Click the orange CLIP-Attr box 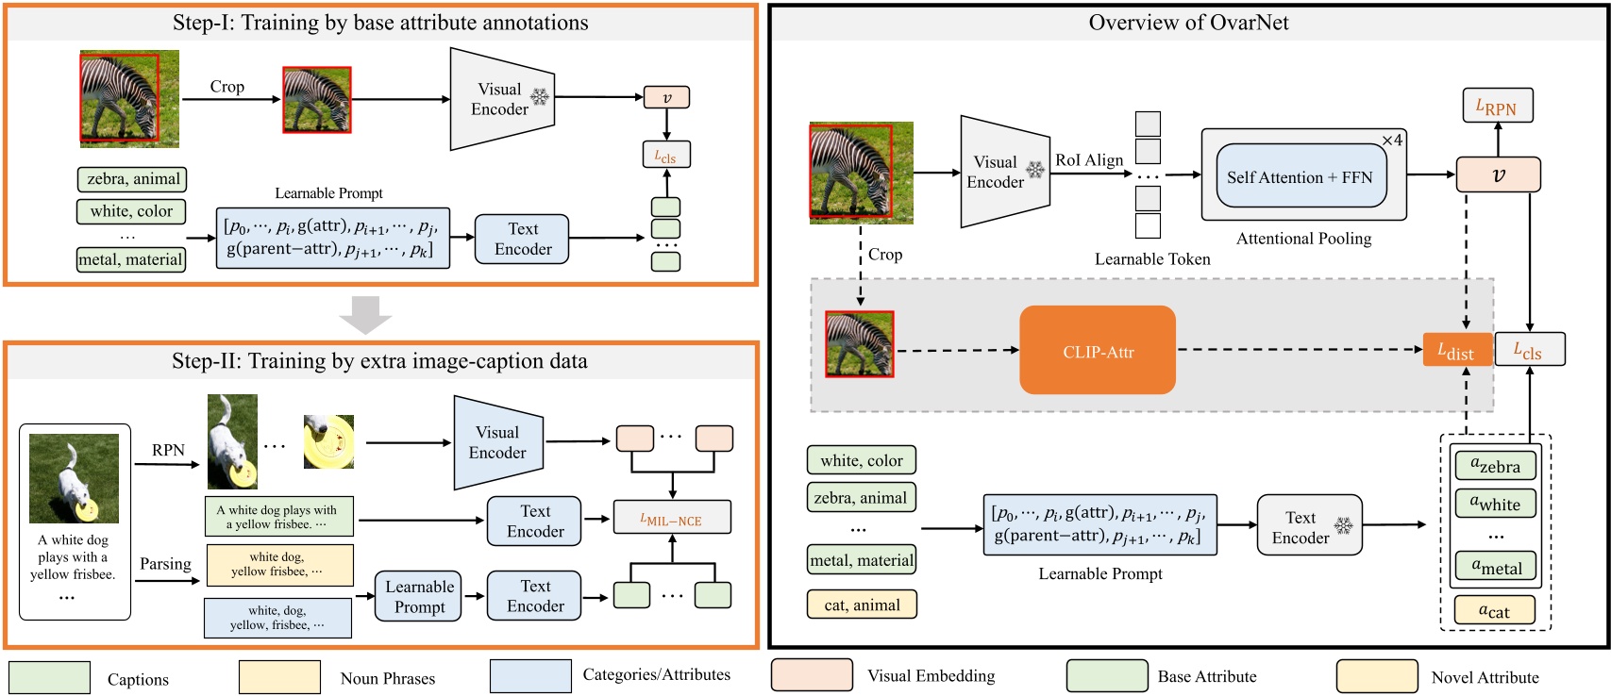click(x=1098, y=351)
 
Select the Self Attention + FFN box click(x=1301, y=177)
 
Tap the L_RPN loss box click(x=1497, y=106)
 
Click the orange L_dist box click(x=1456, y=350)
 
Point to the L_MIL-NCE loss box click(x=672, y=518)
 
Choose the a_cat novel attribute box click(x=1494, y=611)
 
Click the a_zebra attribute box click(x=1496, y=465)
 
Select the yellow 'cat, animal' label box click(x=862, y=605)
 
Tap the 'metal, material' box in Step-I click(x=130, y=259)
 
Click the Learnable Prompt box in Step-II click(x=419, y=597)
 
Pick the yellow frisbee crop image click(x=328, y=441)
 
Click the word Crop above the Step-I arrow click(x=227, y=87)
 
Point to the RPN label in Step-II click(x=168, y=450)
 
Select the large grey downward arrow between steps click(x=365, y=314)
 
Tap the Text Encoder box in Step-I click(x=522, y=239)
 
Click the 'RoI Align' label click(x=1089, y=160)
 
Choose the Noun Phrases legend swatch click(x=279, y=677)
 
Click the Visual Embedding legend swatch click(x=812, y=675)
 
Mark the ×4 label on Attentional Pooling click(x=1392, y=141)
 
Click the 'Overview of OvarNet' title click(x=1188, y=23)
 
